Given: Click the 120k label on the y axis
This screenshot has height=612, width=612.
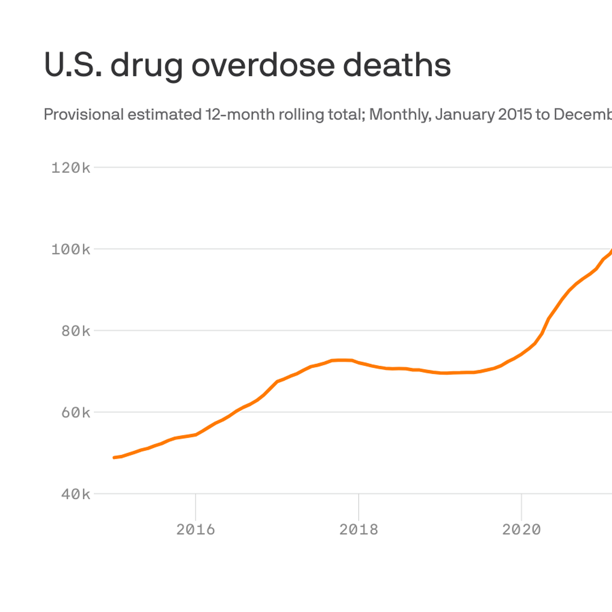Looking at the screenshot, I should click(71, 168).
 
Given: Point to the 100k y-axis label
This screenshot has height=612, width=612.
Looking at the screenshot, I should click(71, 249).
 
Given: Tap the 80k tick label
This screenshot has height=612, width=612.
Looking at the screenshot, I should click(76, 331).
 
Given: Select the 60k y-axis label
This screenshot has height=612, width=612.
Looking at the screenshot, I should click(76, 413).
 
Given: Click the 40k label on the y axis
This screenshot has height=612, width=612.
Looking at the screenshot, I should click(76, 494).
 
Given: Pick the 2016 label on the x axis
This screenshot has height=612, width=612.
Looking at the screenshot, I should click(195, 530).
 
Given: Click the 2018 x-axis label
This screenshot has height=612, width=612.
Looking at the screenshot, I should click(358, 530).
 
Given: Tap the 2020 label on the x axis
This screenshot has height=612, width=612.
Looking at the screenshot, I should click(521, 530).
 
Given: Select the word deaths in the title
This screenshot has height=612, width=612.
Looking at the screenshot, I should click(397, 65).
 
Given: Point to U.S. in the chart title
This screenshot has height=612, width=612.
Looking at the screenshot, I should click(73, 65).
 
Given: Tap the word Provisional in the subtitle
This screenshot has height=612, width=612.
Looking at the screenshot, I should click(84, 114).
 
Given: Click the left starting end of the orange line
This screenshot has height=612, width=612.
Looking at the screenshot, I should click(114, 457).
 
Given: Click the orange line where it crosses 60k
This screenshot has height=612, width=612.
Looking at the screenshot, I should click(234, 412).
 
